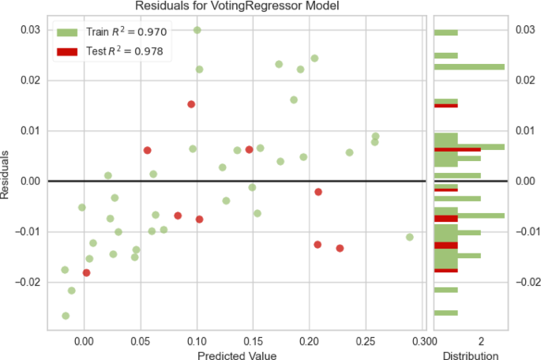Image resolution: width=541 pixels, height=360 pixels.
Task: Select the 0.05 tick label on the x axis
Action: [x=141, y=342]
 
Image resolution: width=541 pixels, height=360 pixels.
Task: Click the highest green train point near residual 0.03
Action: [x=197, y=30]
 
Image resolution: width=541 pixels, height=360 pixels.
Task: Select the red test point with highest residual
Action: [x=191, y=104]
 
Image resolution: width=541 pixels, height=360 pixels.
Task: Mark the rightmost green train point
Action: [x=409, y=237]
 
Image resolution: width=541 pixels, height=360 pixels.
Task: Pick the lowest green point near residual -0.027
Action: [x=66, y=316]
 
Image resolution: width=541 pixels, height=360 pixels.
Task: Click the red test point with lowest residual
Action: [x=86, y=272]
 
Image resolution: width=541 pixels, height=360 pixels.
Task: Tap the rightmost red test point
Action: [x=340, y=248]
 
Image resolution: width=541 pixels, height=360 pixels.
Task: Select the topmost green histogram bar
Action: [x=445, y=32]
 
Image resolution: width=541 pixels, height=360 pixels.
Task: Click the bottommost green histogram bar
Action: [x=445, y=313]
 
